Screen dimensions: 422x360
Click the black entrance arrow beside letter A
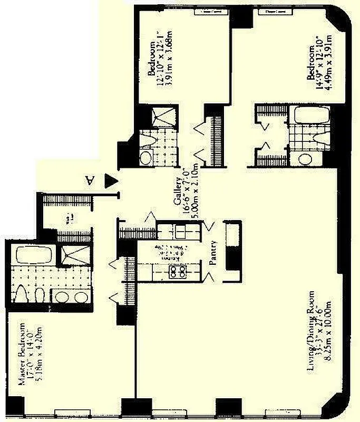point(110,180)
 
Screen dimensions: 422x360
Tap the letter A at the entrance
point(90,180)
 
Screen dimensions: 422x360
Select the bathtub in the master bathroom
point(34,255)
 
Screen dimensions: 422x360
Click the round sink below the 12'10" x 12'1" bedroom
point(145,157)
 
